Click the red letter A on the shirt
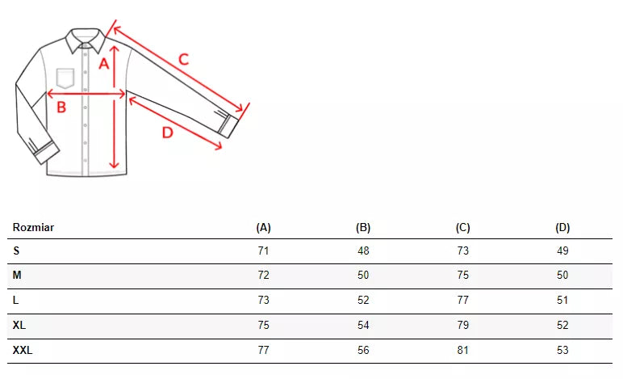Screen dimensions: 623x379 pos(104,64)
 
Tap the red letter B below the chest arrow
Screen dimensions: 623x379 pos(61,107)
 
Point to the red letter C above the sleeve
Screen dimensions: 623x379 pos(183,60)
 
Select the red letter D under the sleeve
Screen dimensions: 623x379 pos(168,133)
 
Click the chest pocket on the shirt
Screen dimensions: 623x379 pos(65,78)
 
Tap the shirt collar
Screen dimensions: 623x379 pos(86,40)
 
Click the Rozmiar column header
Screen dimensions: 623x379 pos(33,227)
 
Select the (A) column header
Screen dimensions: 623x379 pos(263,227)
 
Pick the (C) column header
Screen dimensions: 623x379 pos(463,227)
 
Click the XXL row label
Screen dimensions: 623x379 pos(23,351)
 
